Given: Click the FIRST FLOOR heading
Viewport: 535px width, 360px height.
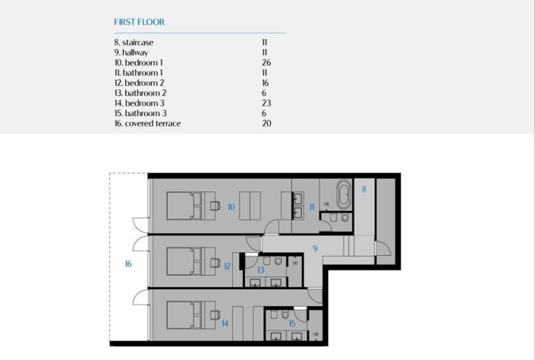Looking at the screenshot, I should click(x=139, y=22).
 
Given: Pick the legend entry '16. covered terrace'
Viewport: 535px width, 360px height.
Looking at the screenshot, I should click(x=147, y=123).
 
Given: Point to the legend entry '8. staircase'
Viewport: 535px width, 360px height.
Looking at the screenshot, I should click(x=134, y=43).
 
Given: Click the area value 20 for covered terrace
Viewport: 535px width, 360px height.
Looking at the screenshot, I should click(x=266, y=123).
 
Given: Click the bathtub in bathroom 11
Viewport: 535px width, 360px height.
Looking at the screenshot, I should click(x=344, y=194).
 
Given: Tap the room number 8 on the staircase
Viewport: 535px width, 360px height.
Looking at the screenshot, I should click(x=364, y=188).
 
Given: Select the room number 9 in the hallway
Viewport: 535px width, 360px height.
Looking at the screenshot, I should click(x=314, y=248).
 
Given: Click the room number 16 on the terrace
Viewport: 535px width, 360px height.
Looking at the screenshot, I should click(x=128, y=264).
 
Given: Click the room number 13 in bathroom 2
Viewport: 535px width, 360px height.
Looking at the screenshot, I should click(x=260, y=270).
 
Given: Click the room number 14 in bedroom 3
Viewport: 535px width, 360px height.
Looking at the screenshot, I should click(x=225, y=324).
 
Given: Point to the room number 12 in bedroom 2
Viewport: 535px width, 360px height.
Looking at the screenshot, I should click(x=227, y=266).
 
